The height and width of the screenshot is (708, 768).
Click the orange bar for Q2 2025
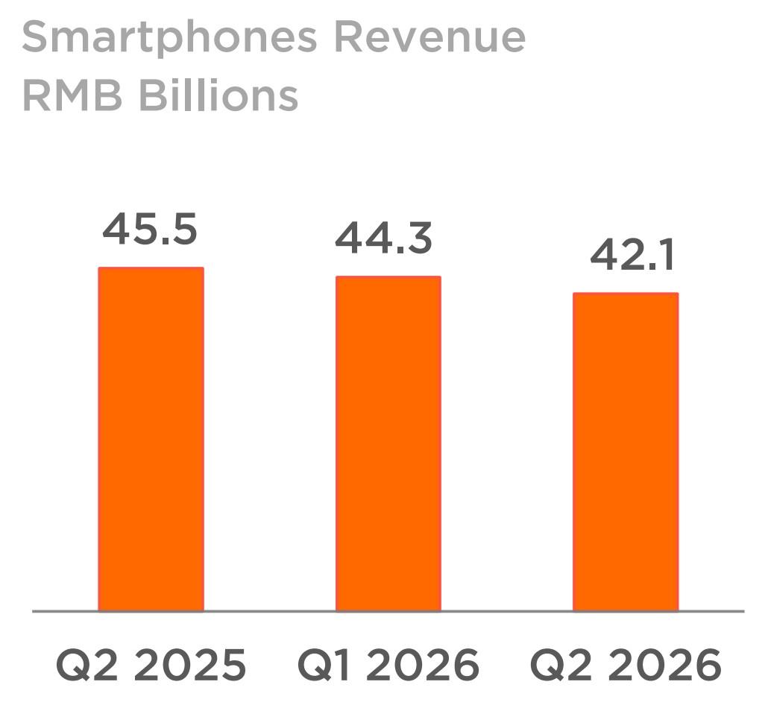click(x=151, y=439)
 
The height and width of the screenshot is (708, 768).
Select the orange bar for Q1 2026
click(x=388, y=443)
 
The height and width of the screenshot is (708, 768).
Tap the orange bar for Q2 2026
click(x=626, y=452)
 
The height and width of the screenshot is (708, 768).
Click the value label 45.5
click(x=150, y=229)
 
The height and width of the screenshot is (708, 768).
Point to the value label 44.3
click(x=383, y=238)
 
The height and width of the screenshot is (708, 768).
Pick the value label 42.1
click(x=632, y=255)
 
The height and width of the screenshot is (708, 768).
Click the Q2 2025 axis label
click(x=151, y=665)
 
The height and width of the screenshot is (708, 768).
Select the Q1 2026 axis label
click(x=388, y=665)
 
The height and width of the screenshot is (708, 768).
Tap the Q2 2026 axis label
click(x=626, y=665)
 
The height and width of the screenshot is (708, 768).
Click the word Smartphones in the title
click(x=169, y=37)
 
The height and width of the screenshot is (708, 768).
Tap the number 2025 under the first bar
click(x=189, y=665)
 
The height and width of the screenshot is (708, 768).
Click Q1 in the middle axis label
click(x=324, y=665)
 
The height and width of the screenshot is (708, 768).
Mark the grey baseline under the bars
click(x=388, y=611)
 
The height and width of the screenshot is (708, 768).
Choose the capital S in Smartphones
click(x=36, y=37)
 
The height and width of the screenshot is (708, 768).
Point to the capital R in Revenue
click(x=348, y=37)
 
